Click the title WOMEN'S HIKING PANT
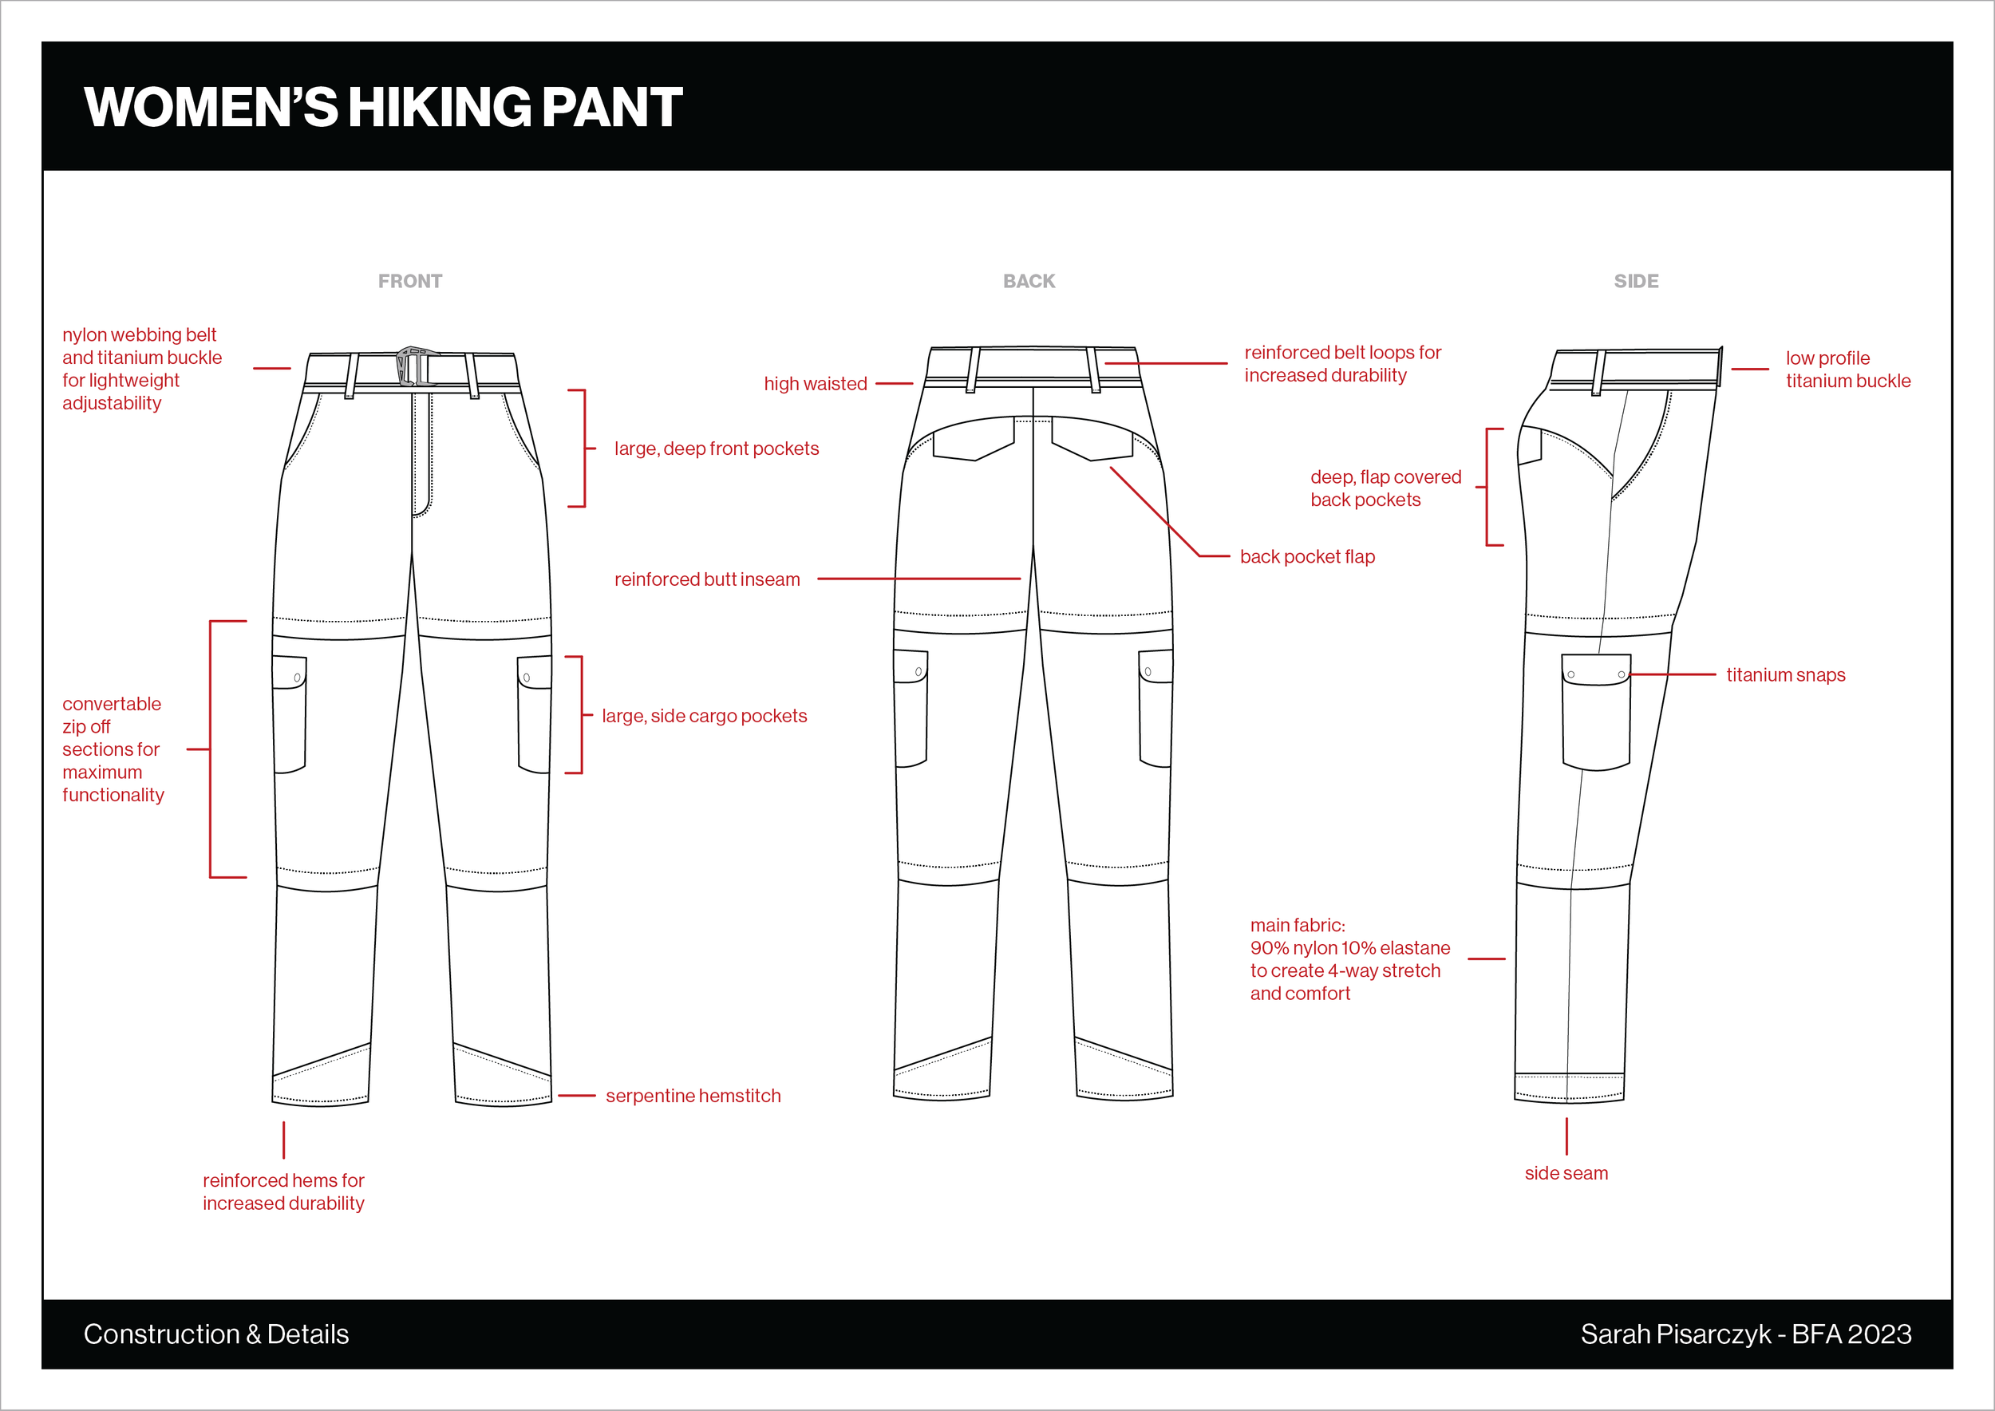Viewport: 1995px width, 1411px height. (x=383, y=107)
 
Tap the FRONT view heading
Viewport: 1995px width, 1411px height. (x=410, y=282)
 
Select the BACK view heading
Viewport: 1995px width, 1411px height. (x=1029, y=282)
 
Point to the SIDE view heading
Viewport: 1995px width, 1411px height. (x=1636, y=282)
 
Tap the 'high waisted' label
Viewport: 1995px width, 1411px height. (x=815, y=384)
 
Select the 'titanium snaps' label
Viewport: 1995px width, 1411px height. (x=1786, y=675)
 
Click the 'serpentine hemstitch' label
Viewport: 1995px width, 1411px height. (x=693, y=1096)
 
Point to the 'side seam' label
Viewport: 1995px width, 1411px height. (x=1566, y=1173)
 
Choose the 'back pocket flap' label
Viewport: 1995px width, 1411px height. (x=1307, y=557)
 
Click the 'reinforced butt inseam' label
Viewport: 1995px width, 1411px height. (x=706, y=579)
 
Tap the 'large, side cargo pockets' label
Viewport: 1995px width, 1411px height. (x=704, y=716)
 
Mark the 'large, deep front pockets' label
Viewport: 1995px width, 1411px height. (x=716, y=449)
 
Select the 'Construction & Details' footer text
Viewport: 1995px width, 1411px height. (x=216, y=1334)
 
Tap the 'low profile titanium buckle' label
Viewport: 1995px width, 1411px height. (x=1847, y=370)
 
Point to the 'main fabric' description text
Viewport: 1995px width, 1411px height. (x=1349, y=959)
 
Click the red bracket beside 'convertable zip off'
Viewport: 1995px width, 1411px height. (x=211, y=749)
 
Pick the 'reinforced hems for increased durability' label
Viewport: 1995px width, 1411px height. (x=283, y=1192)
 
